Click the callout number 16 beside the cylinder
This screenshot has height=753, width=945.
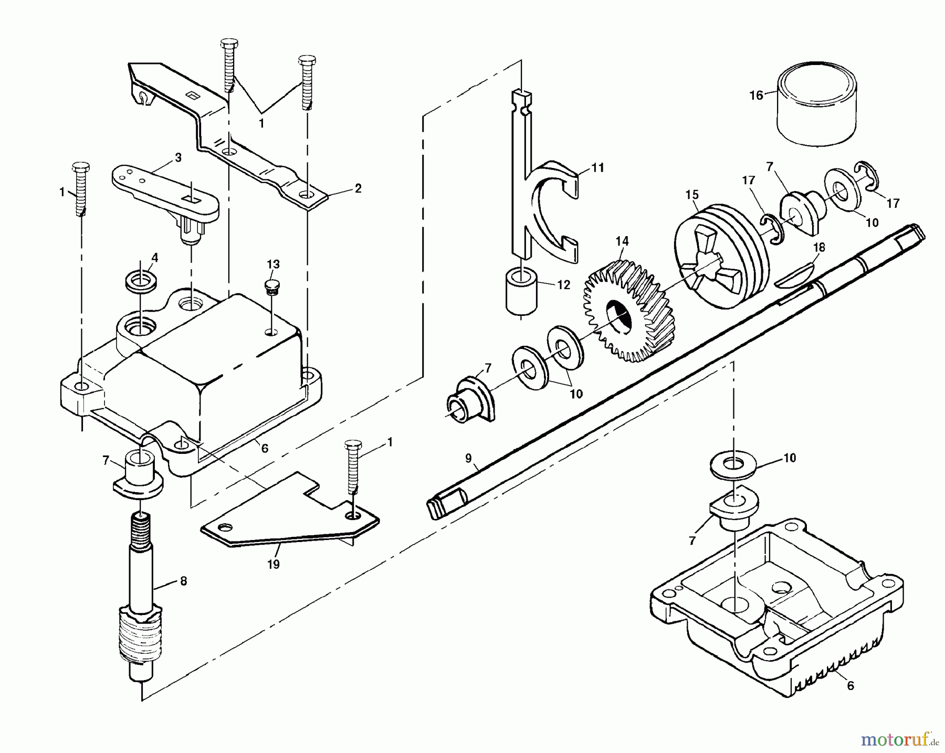(x=756, y=96)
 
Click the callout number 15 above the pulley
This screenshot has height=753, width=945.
(x=692, y=195)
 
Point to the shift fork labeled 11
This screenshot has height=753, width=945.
(x=551, y=210)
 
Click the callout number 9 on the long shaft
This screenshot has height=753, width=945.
(x=468, y=458)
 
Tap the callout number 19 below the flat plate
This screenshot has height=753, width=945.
(x=273, y=565)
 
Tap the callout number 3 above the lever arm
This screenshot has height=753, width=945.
(x=178, y=157)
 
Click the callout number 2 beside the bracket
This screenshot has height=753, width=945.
(x=358, y=188)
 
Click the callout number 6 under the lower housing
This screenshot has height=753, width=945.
(x=850, y=686)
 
